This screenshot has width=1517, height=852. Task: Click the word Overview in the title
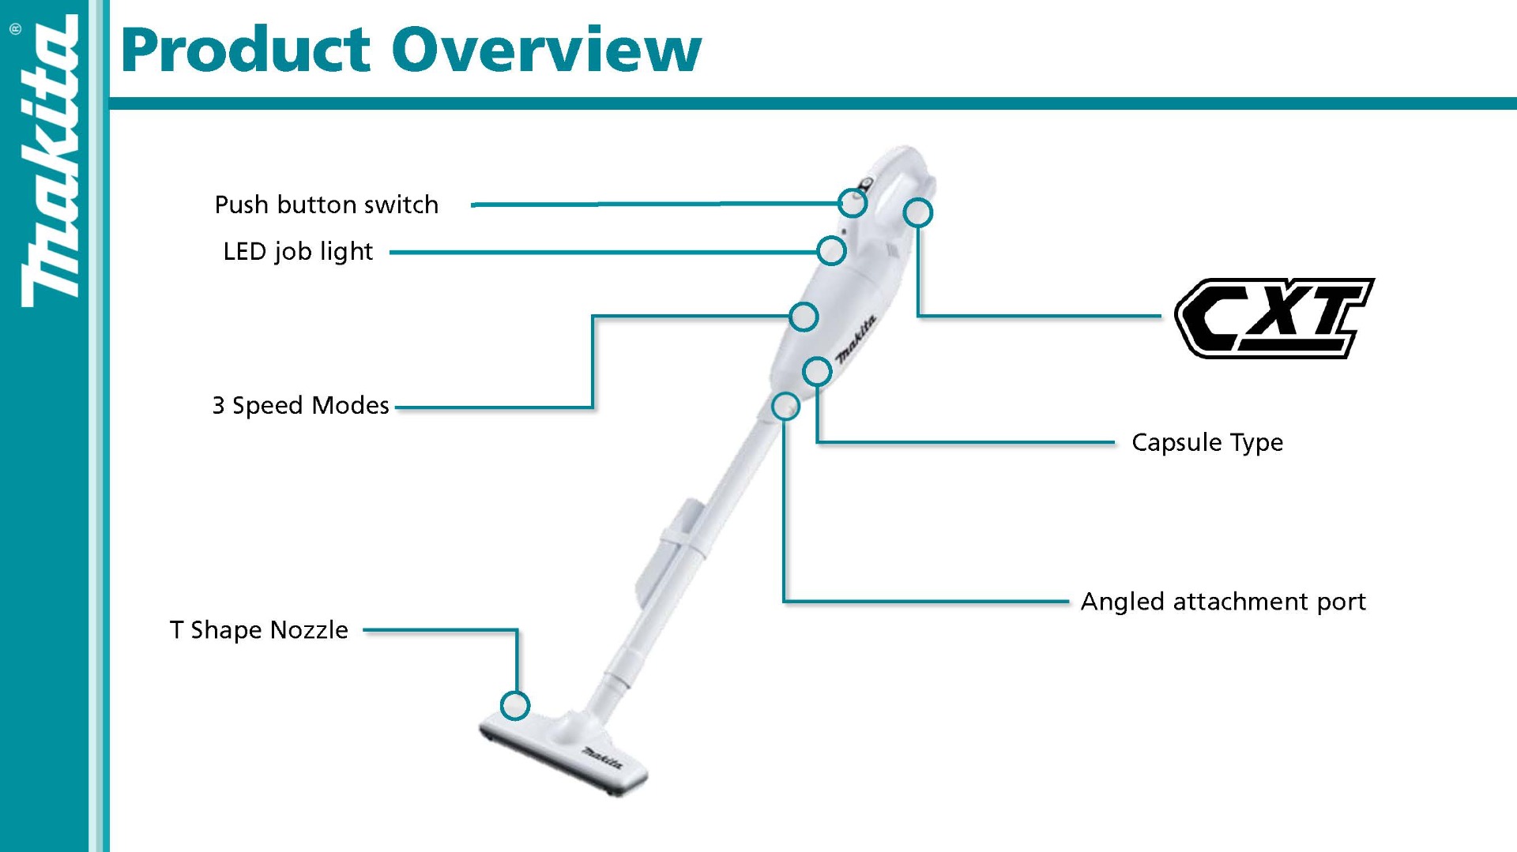click(546, 49)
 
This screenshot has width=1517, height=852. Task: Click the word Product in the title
click(246, 49)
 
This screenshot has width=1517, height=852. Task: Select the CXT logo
click(1274, 317)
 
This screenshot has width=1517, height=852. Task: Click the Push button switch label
click(326, 205)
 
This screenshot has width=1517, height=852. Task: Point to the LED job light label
click(298, 251)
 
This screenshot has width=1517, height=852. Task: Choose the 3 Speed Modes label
click(300, 405)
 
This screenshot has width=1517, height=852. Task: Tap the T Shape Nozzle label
click(259, 629)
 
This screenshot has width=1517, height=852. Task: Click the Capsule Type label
click(1206, 442)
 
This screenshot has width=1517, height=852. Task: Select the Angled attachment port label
click(1223, 602)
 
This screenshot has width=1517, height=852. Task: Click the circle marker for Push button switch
click(853, 203)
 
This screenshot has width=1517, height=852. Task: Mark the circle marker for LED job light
click(831, 251)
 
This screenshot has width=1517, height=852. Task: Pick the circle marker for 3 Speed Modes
click(804, 317)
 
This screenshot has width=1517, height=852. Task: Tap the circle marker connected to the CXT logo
click(917, 212)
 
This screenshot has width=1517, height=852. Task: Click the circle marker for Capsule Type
click(817, 371)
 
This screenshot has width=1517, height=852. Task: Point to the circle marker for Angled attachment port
click(785, 407)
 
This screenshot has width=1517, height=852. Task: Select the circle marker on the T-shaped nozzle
click(515, 705)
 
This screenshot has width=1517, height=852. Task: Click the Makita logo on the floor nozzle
click(602, 759)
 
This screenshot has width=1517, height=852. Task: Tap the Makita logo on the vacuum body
click(856, 340)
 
